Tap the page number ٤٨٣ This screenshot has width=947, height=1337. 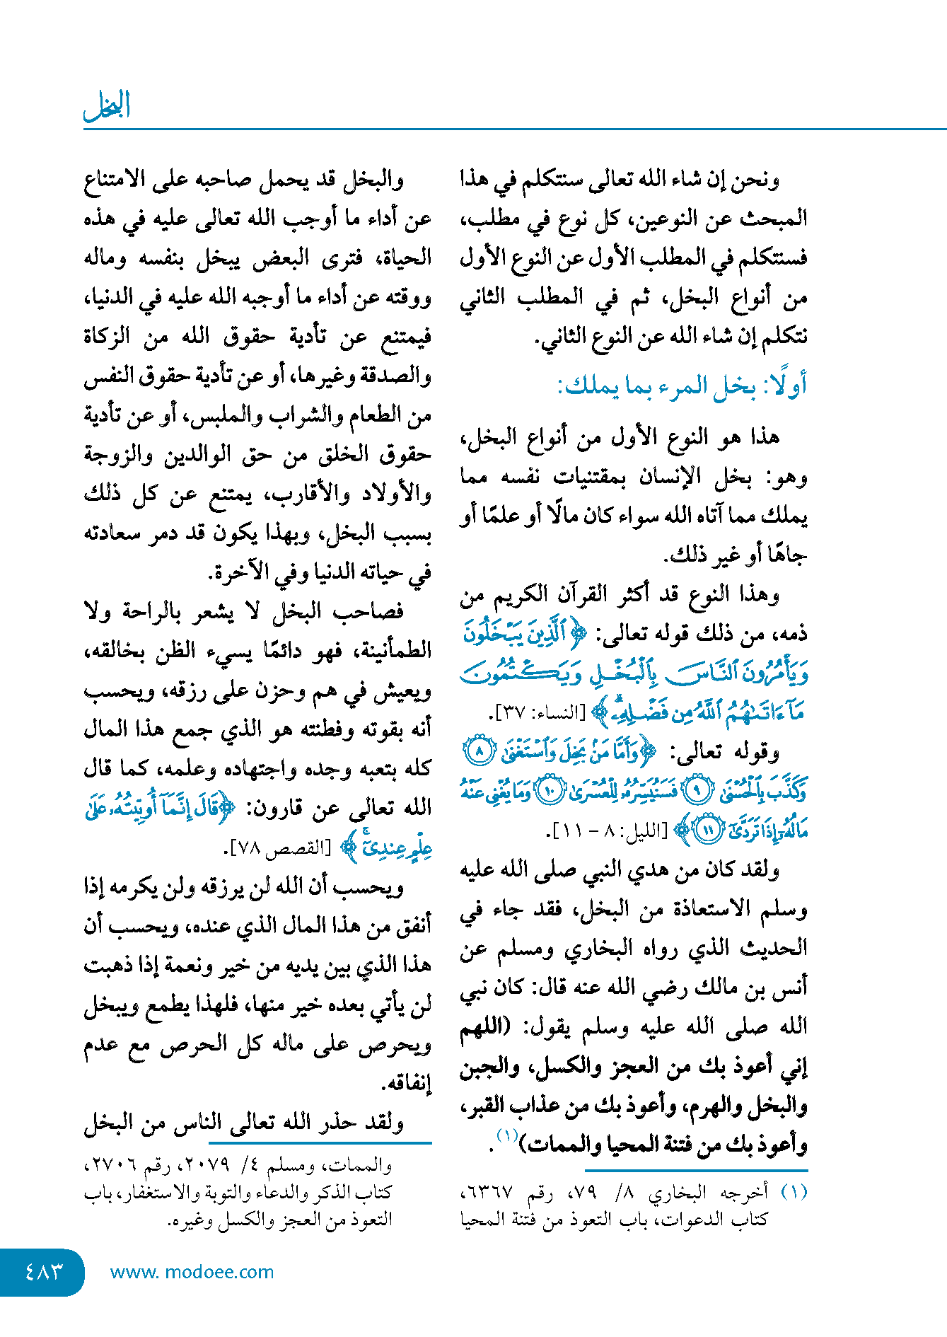(x=43, y=1271)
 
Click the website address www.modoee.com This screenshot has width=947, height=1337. (x=192, y=1272)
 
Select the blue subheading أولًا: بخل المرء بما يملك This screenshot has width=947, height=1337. (x=682, y=386)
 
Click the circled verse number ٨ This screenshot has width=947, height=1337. (x=479, y=751)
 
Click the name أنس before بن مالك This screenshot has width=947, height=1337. (x=791, y=987)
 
